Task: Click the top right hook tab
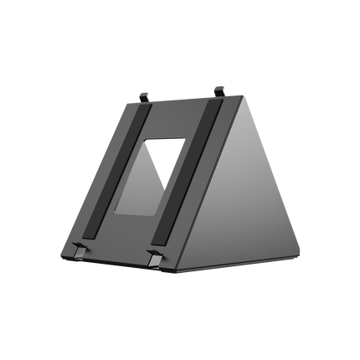pyautogui.click(x=220, y=88)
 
